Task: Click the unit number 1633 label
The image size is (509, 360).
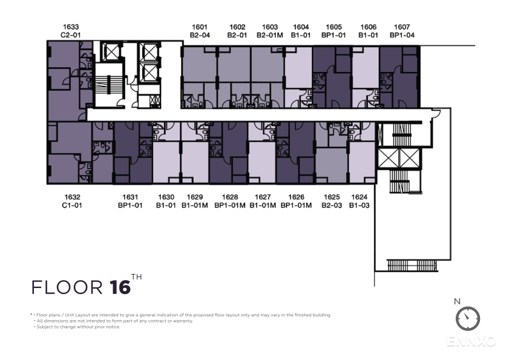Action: click(x=71, y=27)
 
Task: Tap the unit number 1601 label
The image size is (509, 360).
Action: click(x=200, y=27)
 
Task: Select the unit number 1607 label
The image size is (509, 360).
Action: click(x=402, y=27)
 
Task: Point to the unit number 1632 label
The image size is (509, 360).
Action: click(x=72, y=197)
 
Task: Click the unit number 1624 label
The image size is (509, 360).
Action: click(x=360, y=197)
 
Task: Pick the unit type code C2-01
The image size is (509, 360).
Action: click(x=71, y=35)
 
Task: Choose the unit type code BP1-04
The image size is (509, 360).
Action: click(x=402, y=35)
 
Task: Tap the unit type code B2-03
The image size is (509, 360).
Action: click(x=332, y=206)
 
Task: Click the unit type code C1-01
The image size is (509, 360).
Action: click(x=72, y=206)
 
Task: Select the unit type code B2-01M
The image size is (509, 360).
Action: click(x=270, y=35)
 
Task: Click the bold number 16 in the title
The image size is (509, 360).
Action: click(x=120, y=287)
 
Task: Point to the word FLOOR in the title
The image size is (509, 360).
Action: click(x=67, y=287)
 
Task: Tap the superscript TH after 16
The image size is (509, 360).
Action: click(x=137, y=277)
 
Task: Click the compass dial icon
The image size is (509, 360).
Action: click(x=468, y=318)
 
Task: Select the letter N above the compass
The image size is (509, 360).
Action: click(x=458, y=301)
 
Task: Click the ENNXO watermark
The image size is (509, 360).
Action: click(x=471, y=341)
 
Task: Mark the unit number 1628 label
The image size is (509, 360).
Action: click(x=230, y=197)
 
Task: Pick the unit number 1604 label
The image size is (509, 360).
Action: click(x=301, y=27)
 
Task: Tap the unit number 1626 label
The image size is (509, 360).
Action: click(x=297, y=197)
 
